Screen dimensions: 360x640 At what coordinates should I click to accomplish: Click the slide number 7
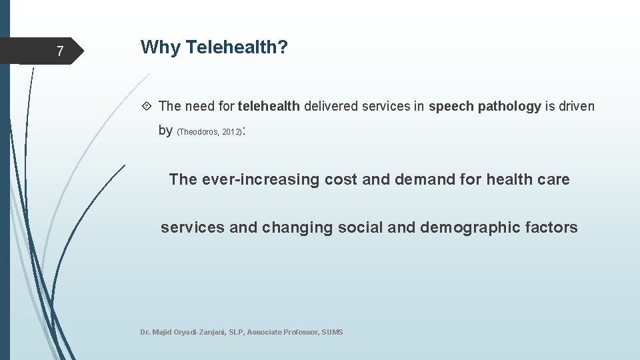tap(60, 51)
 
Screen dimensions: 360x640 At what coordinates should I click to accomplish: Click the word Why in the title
tap(161, 47)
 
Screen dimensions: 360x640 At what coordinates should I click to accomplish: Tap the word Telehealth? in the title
tap(237, 47)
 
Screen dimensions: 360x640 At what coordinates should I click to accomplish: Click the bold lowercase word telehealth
tap(269, 106)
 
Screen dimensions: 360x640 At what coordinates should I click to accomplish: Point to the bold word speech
tap(451, 106)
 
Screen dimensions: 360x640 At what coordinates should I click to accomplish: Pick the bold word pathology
tap(509, 106)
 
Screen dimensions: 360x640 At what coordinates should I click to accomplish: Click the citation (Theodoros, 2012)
tap(209, 132)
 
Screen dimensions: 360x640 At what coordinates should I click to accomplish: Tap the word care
tap(554, 179)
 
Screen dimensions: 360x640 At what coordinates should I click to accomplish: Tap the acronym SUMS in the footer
tap(332, 332)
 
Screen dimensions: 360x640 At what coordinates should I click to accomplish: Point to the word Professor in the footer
tap(301, 332)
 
